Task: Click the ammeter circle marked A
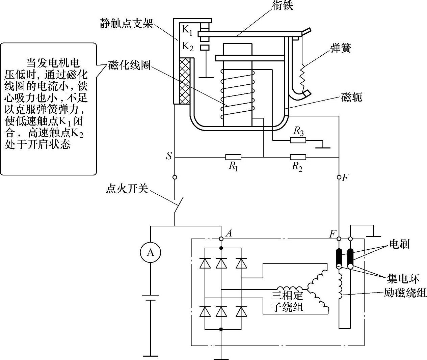(x=151, y=252)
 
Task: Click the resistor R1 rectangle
(x=233, y=157)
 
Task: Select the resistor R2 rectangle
(x=298, y=157)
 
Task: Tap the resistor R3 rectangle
(x=298, y=140)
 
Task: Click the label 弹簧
(x=341, y=48)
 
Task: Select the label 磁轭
(x=352, y=98)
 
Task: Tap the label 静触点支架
(x=127, y=24)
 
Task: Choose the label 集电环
(x=403, y=279)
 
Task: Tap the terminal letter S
(x=169, y=156)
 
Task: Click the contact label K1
(x=187, y=30)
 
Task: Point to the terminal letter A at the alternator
(x=229, y=233)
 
